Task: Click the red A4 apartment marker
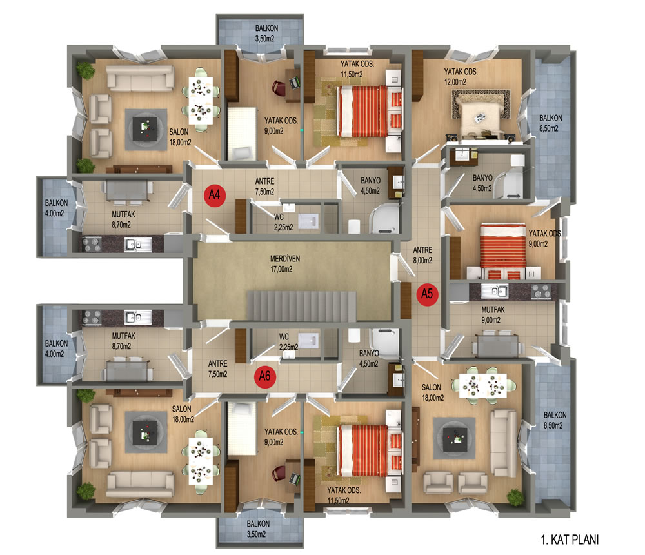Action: point(215,195)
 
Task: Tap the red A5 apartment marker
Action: point(428,294)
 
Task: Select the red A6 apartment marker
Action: point(265,376)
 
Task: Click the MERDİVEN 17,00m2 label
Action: point(284,264)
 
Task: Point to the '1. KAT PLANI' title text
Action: point(570,540)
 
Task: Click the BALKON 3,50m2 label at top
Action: point(266,34)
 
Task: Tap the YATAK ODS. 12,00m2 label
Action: point(461,77)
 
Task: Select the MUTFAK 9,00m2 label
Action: point(492,315)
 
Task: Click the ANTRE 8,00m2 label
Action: point(422,256)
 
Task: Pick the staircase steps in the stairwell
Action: point(301,305)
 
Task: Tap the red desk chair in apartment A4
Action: point(279,88)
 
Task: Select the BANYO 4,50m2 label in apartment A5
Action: point(482,183)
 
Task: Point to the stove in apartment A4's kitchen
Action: point(92,244)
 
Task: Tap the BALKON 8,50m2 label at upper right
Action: point(550,123)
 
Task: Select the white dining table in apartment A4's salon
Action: point(201,101)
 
